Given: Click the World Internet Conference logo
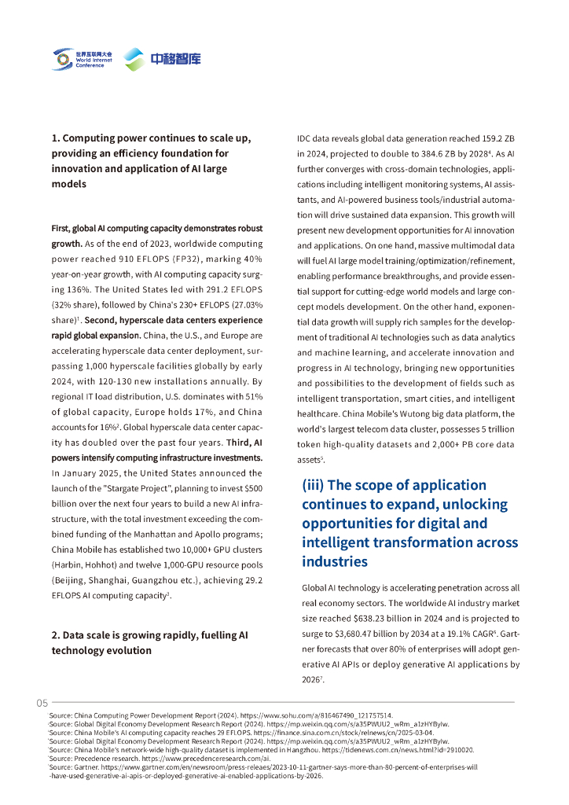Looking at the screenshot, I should (82, 58).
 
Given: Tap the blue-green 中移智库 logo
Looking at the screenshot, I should (163, 59).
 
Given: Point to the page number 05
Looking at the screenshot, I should (42, 703).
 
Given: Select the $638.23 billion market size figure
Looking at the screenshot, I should (373, 618).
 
